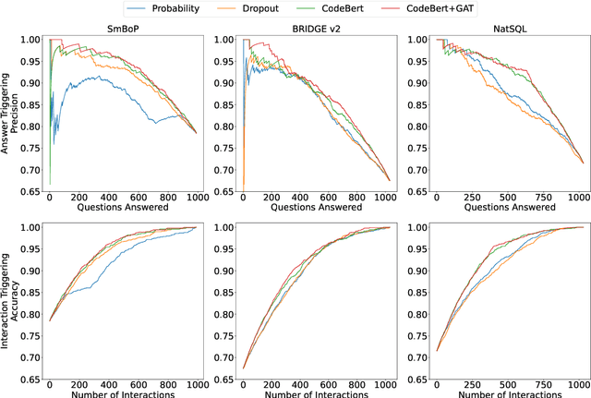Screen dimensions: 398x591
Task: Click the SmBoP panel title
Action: tap(122, 30)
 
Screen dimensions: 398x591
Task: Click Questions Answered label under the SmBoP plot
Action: tap(122, 207)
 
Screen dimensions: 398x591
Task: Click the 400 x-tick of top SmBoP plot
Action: tap(109, 199)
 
